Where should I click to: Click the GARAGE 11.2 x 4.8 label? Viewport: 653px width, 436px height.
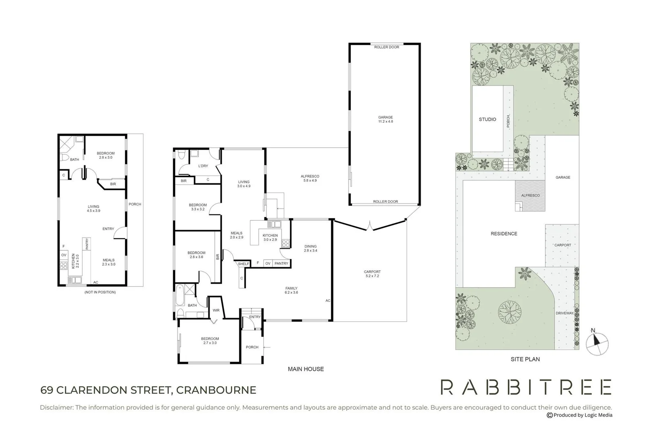tap(385, 119)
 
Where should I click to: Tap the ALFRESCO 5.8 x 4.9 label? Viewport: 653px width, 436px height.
tap(310, 178)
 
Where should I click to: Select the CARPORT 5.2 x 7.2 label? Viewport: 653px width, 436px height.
tap(372, 274)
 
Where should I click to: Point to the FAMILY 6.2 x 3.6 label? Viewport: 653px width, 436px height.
tap(291, 290)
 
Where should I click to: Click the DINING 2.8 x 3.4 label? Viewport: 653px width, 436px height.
tap(310, 248)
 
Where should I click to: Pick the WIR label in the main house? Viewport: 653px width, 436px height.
tap(216, 310)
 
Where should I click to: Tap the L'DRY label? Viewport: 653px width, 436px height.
tap(203, 166)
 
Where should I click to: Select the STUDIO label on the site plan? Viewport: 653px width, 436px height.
tap(487, 119)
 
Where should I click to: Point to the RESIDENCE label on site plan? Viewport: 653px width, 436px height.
tap(504, 234)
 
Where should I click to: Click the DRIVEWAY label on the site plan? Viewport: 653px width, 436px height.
tap(564, 313)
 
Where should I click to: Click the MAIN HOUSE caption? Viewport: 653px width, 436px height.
tap(306, 369)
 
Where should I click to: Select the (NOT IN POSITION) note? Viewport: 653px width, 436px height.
tap(100, 292)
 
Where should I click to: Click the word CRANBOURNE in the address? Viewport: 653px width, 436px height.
tap(216, 390)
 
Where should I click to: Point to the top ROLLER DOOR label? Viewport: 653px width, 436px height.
tap(387, 47)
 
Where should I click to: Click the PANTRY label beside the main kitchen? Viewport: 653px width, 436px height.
tap(281, 264)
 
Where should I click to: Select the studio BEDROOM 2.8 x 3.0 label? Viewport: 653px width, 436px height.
tap(106, 155)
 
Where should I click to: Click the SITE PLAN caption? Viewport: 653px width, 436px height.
tap(525, 359)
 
